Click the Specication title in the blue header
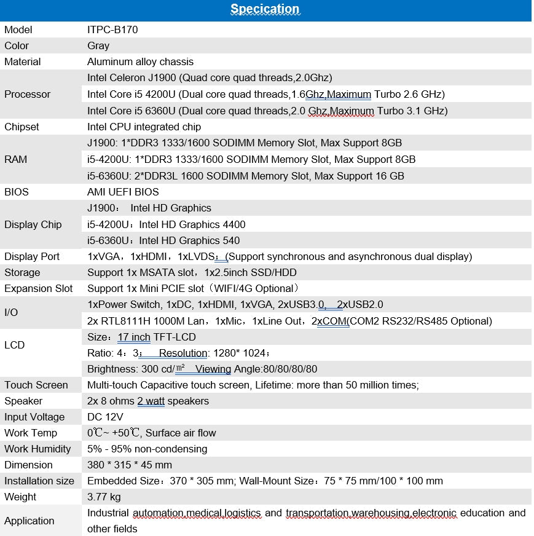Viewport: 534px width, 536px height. point(265,9)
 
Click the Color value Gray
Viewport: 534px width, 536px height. point(98,45)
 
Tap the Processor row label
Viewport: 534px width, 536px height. point(27,94)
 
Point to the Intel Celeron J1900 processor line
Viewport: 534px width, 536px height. point(210,77)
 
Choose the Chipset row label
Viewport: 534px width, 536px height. point(22,127)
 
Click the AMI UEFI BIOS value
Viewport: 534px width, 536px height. point(123,192)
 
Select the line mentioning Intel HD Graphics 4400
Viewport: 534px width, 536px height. point(167,224)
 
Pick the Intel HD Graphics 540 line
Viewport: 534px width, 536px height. point(163,240)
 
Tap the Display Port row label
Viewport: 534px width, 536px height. point(32,256)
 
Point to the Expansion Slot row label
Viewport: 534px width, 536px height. point(38,288)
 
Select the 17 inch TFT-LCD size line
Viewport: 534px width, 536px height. point(141,337)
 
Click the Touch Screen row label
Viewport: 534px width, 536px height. point(36,385)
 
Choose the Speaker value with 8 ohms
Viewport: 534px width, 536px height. point(148,401)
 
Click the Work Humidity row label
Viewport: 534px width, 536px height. point(37,449)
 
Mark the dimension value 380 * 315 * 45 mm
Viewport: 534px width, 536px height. point(130,465)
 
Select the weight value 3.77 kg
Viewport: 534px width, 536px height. point(104,497)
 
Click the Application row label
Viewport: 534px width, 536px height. point(29,521)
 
